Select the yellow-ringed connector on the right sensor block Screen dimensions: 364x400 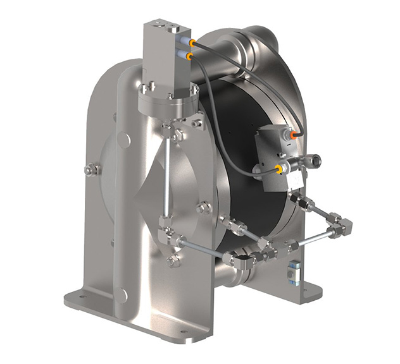tap(278, 168)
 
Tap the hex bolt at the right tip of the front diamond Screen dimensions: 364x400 tap(204, 207)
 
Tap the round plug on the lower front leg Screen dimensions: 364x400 tap(122, 295)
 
